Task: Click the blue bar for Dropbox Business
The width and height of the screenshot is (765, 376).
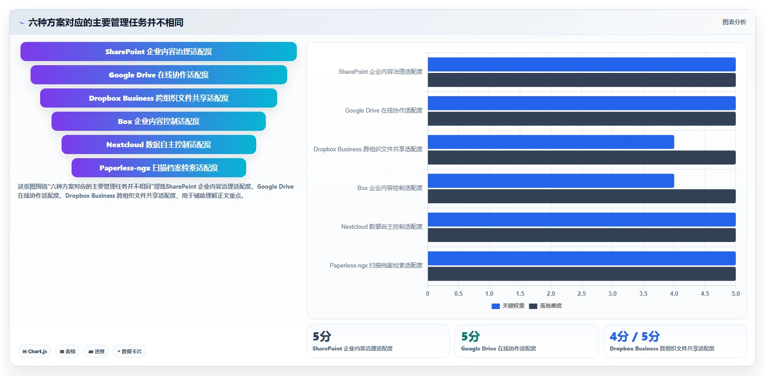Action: pyautogui.click(x=551, y=142)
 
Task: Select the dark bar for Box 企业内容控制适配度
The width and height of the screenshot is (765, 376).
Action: pyautogui.click(x=582, y=196)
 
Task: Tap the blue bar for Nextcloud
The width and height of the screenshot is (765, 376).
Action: pyautogui.click(x=582, y=220)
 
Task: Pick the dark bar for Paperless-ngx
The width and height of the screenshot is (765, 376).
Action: pyautogui.click(x=582, y=274)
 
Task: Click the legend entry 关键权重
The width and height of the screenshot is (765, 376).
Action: pyautogui.click(x=508, y=306)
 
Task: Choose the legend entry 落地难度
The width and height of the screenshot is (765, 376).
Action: pyautogui.click(x=545, y=306)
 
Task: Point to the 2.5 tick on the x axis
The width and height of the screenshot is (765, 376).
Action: pyautogui.click(x=582, y=294)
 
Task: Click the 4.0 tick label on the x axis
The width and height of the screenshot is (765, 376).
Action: pyautogui.click(x=674, y=294)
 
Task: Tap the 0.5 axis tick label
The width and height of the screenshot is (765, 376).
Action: pyautogui.click(x=458, y=294)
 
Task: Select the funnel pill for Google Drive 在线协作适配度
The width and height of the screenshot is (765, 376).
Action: pyautogui.click(x=159, y=75)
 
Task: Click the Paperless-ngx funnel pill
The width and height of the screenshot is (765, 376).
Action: pyautogui.click(x=159, y=168)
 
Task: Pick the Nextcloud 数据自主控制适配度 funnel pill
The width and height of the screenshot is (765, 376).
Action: pyautogui.click(x=159, y=144)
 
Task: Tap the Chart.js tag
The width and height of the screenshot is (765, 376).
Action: pyautogui.click(x=35, y=351)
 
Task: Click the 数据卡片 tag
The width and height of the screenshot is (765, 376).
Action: pyautogui.click(x=129, y=351)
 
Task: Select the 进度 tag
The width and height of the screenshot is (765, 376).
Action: pyautogui.click(x=96, y=351)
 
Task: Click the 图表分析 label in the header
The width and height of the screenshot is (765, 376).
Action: pyautogui.click(x=734, y=22)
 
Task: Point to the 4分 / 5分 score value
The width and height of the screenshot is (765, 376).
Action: pyautogui.click(x=635, y=337)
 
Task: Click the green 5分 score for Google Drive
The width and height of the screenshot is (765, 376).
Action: pyautogui.click(x=470, y=337)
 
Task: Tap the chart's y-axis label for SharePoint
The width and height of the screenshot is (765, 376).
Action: pyautogui.click(x=380, y=72)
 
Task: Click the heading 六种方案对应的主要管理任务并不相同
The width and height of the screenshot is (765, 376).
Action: pyautogui.click(x=106, y=22)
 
